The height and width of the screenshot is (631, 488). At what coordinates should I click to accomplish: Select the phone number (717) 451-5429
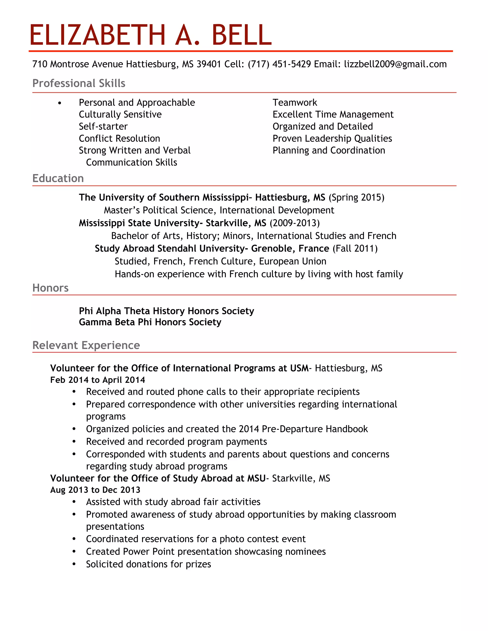point(279,64)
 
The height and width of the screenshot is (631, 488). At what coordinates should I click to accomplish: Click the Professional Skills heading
point(79,83)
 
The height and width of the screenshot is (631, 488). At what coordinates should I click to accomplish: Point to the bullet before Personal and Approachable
point(60,103)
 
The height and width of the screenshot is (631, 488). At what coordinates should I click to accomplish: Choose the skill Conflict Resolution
point(119,138)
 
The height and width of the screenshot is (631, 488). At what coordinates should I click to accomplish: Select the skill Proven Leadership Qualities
point(332,138)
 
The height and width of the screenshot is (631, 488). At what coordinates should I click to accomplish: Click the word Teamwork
point(295,103)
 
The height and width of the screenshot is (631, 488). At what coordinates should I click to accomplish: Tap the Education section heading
point(58,178)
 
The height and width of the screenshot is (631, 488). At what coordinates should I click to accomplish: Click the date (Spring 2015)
point(356,197)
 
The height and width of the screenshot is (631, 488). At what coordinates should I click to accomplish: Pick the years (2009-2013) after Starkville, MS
point(294,223)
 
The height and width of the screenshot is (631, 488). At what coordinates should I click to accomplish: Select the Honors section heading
point(50,288)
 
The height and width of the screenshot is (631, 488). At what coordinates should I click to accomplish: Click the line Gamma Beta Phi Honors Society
point(150,322)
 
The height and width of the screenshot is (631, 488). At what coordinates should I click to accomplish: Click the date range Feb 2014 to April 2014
point(97,380)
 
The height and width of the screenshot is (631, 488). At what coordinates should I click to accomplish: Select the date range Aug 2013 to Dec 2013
point(95,490)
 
